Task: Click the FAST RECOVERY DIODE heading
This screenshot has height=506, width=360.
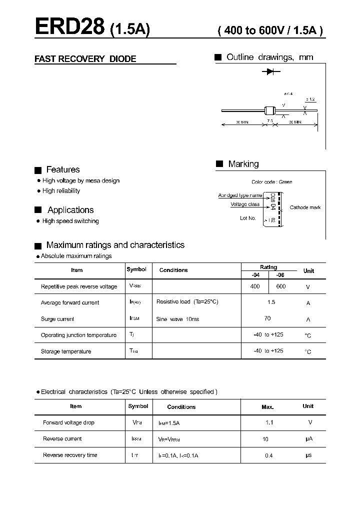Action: coord(85,59)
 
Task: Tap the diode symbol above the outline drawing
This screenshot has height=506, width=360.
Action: coord(270,72)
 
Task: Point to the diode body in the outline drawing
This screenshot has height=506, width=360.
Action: coord(270,110)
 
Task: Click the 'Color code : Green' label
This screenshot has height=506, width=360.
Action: coord(271,182)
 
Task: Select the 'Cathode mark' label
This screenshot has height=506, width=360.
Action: coord(305,207)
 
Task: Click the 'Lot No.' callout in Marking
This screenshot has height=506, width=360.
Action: coord(247,218)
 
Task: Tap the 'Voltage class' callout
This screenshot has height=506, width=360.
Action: coord(245,204)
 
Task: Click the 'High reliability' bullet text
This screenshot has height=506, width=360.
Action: coord(61,191)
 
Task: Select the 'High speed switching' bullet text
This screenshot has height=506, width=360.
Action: coord(70,221)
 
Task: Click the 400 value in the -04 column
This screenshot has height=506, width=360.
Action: coord(254,286)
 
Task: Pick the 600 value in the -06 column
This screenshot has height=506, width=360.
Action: coord(280,286)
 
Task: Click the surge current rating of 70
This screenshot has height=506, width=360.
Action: coord(267,318)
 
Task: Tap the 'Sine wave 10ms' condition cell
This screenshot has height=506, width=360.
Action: coord(177,319)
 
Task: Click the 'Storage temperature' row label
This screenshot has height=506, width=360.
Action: coord(66,351)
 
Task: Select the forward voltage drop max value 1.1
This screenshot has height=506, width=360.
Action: coord(269,422)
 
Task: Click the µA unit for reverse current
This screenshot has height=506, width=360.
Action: coord(308,439)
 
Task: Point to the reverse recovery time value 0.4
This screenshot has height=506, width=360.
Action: coord(269,455)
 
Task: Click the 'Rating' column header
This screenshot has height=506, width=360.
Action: coord(268,267)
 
